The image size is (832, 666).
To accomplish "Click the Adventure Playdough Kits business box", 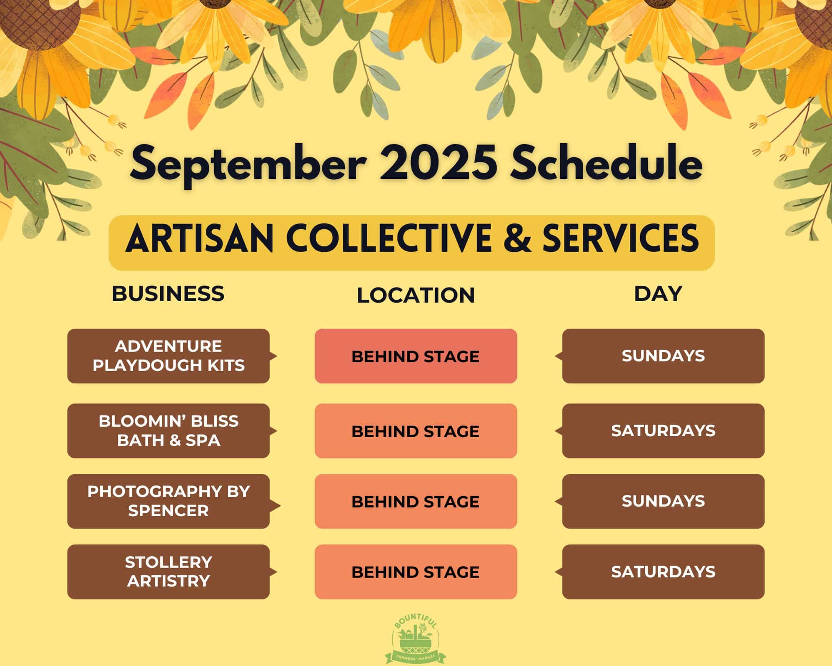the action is [x=168, y=356].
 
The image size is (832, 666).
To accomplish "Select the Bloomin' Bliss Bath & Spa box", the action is [x=168, y=431].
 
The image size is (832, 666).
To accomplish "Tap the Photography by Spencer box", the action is [x=168, y=501].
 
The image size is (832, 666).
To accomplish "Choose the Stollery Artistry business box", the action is [x=168, y=572].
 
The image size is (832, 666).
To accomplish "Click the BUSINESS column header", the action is [x=168, y=293].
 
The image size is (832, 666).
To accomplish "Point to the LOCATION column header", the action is [x=416, y=295].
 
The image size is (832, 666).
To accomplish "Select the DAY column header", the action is [x=658, y=293].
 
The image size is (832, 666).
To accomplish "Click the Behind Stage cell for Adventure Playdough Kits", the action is [x=416, y=356].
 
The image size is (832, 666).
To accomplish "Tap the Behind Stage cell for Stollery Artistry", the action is [x=416, y=572].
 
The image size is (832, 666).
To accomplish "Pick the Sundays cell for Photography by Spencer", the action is [x=663, y=501].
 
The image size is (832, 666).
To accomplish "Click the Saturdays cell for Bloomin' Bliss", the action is [x=663, y=431].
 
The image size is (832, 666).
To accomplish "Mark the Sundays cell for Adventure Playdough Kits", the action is [x=663, y=356].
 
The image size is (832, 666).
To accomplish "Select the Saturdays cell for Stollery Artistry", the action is [x=663, y=572].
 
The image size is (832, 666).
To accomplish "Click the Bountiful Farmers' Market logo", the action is [x=416, y=639].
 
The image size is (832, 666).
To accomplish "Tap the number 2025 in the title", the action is [x=438, y=163].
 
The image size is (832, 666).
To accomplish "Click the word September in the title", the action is [x=248, y=166].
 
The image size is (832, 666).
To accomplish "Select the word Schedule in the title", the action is [x=607, y=163].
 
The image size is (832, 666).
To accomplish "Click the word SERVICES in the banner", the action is [x=621, y=238].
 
